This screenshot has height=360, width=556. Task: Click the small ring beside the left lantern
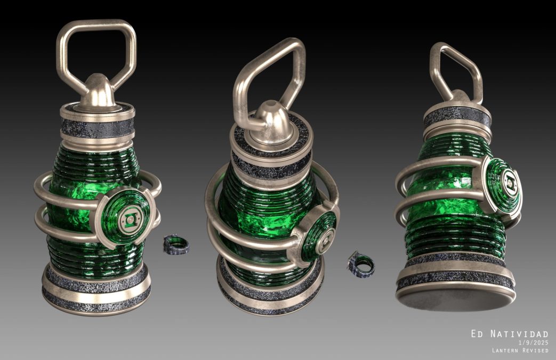(x=176, y=245)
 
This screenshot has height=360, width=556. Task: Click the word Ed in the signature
(x=476, y=334)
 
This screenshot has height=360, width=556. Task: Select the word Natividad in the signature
(x=519, y=334)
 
